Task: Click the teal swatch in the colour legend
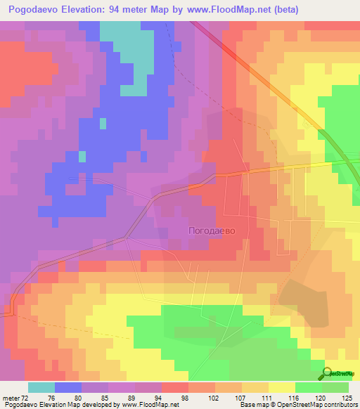pyautogui.click(x=41, y=387)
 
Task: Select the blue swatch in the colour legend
pyautogui.click(x=67, y=387)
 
